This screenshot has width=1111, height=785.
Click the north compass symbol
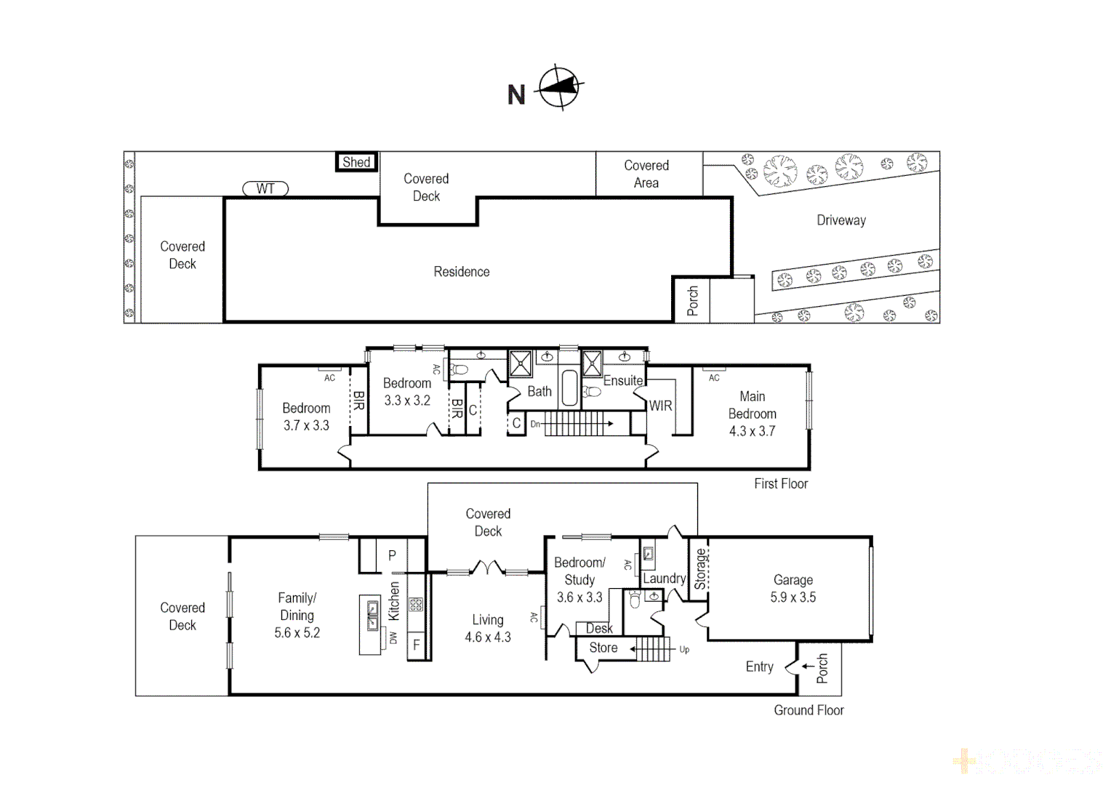point(559,87)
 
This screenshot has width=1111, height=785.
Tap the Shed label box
point(356,162)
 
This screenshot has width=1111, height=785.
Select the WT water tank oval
point(265,189)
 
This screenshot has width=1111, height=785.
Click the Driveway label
point(841,220)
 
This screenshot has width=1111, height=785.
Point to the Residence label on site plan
point(462,272)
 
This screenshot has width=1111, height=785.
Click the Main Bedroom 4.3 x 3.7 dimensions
point(752,431)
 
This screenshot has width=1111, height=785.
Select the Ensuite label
point(623,381)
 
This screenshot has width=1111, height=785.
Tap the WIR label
point(660,406)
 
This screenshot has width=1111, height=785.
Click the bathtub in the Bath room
point(569,388)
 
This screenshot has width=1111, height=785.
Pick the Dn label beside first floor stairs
point(535,424)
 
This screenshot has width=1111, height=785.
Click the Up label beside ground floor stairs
point(684,650)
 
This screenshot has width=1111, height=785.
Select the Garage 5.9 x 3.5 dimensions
point(793,597)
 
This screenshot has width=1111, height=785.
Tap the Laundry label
point(664,579)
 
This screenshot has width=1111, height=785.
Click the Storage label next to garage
point(700,568)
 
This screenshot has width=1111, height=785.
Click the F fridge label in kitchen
point(417,645)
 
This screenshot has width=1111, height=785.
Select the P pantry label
point(392,555)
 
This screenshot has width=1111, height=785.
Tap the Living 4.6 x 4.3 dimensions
point(488,637)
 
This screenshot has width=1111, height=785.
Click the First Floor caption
point(781,484)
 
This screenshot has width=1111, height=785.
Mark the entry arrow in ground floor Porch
point(808,666)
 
